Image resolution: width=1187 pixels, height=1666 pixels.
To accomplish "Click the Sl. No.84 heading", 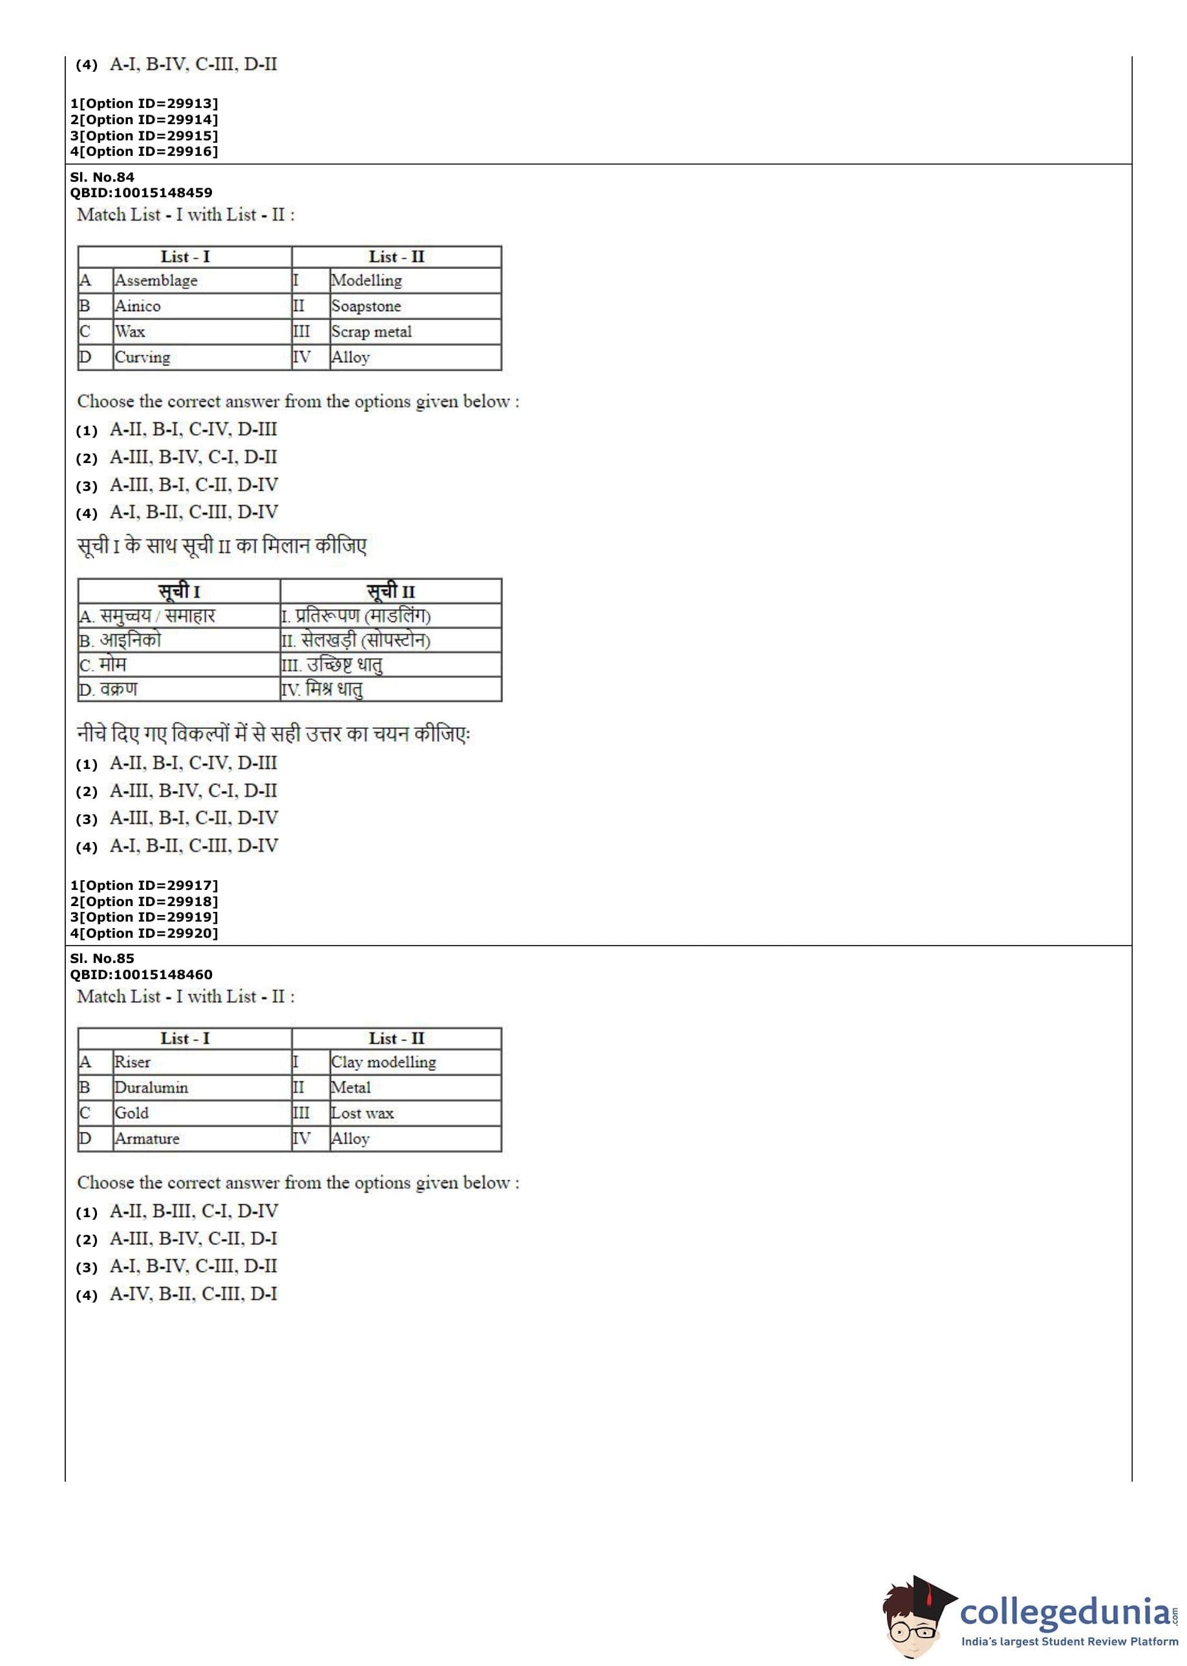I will point(102,177).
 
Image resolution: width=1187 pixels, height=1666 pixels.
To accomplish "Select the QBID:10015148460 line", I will point(141,975).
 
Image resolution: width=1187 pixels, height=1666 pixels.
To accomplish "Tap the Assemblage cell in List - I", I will point(156,281).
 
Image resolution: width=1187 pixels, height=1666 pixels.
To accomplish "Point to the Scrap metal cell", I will point(371,332).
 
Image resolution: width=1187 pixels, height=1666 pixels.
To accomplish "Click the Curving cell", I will point(142,358).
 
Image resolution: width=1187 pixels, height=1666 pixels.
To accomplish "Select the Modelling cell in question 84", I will point(366,281).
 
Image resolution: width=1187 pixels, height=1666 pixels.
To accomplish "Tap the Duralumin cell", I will point(151,1088).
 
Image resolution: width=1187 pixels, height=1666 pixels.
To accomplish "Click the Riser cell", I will point(133,1062).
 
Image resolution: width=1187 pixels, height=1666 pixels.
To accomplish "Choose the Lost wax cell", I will point(362,1113).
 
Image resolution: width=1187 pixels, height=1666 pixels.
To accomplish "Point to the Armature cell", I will point(147,1139).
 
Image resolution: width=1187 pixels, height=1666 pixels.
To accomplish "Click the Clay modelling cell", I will point(383,1062).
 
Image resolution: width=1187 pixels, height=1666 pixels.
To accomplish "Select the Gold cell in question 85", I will point(131,1113).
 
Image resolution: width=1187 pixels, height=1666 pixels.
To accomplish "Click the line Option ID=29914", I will point(144,120).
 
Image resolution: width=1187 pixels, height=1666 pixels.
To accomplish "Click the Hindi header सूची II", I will point(390,591).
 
